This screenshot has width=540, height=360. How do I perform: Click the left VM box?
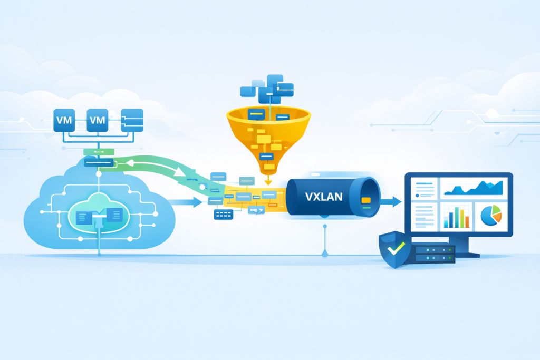[64, 120]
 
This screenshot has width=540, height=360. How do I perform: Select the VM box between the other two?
[98, 120]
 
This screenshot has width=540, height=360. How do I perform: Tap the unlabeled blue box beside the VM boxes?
[132, 120]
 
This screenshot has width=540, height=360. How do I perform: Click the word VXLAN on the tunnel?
[324, 197]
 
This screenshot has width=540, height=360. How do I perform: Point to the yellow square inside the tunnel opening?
[365, 200]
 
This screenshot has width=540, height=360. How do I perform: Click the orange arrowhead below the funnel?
[268, 182]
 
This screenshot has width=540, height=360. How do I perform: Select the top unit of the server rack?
[433, 249]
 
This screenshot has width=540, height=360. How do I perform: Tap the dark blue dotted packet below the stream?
[223, 214]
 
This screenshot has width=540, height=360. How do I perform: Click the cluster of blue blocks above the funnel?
[266, 87]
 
